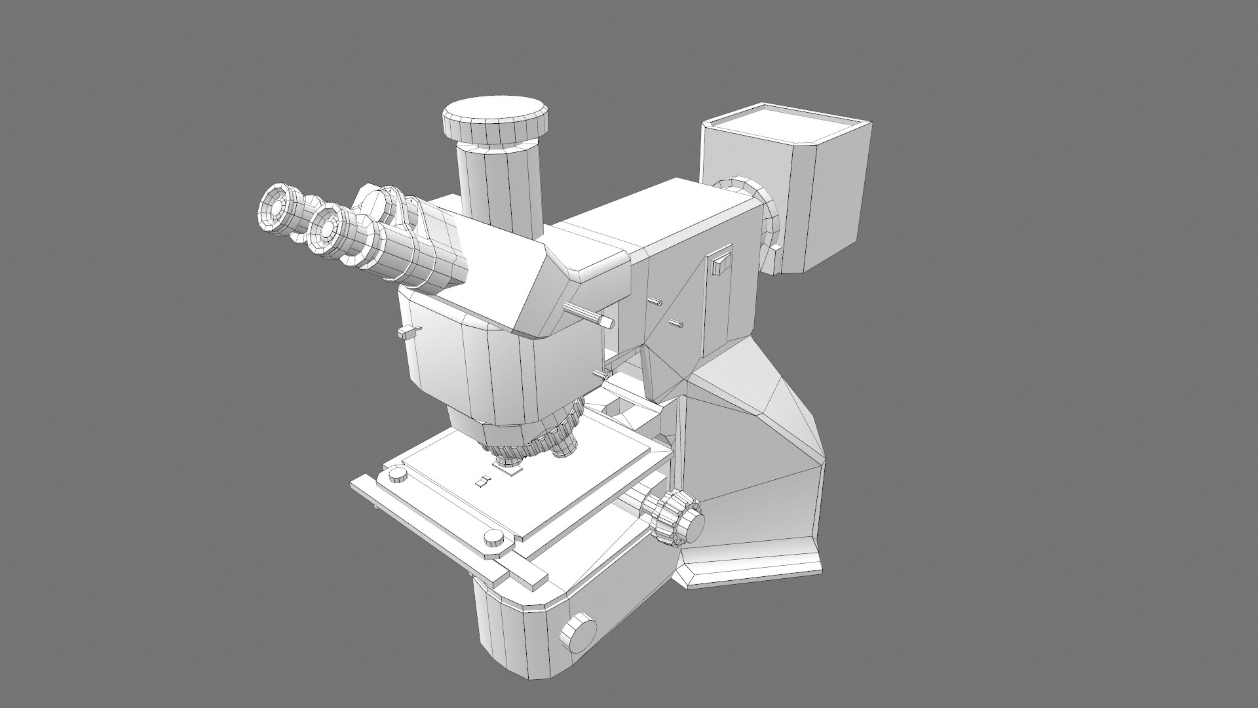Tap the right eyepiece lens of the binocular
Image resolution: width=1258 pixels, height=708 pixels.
click(325, 226)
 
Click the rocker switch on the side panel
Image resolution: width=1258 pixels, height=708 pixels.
click(721, 264)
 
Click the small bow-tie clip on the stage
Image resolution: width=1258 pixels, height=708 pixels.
click(484, 482)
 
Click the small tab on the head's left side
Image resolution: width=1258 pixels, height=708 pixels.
click(408, 332)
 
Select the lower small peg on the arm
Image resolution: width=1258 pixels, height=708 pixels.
click(676, 323)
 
